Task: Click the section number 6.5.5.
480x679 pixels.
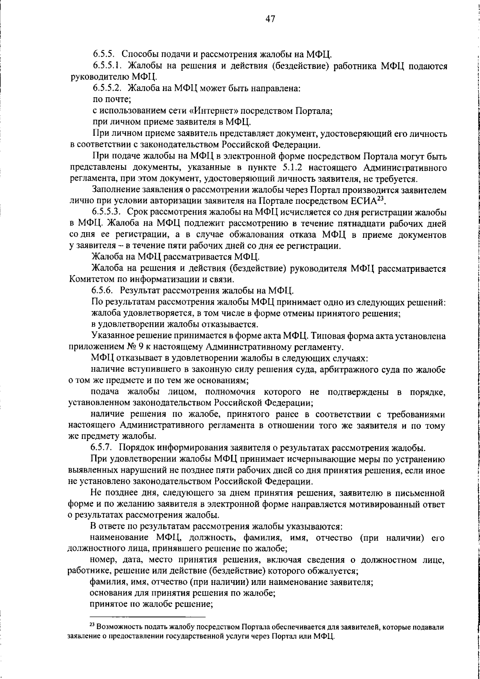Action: pyautogui.click(x=104, y=54)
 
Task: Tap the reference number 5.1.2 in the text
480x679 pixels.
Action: pyautogui.click(x=288, y=167)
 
